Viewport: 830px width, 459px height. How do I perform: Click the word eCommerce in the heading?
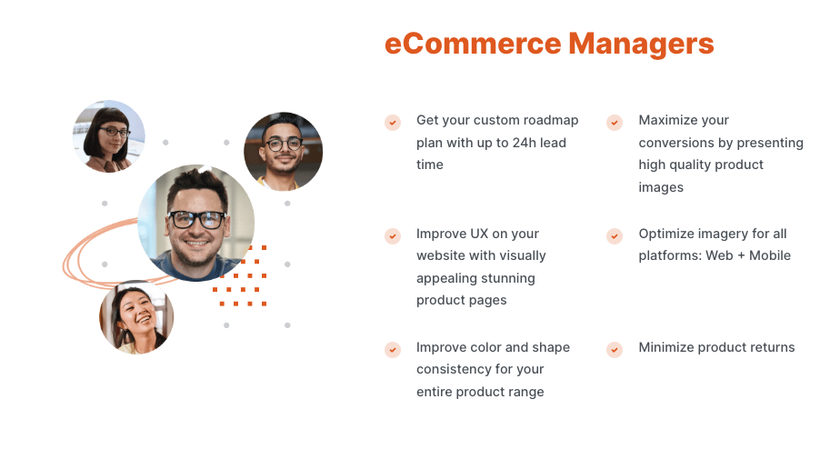coord(473,44)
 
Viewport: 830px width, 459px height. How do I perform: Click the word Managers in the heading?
coord(641,45)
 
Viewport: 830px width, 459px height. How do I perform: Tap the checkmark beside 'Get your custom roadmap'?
coord(393,123)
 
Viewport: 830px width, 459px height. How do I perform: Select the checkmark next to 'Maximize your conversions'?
coord(615,123)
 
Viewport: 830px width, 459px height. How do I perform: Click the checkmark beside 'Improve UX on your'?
coord(393,235)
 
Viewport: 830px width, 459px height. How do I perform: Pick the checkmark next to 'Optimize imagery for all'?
coord(615,235)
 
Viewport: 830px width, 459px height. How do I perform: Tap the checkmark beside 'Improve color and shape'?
coord(393,349)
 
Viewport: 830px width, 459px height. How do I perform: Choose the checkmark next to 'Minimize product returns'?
coord(615,349)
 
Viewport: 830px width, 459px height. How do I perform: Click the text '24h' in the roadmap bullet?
coord(524,143)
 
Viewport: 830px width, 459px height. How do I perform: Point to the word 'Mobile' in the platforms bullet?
coord(770,255)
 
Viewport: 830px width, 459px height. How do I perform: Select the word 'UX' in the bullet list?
coord(477,234)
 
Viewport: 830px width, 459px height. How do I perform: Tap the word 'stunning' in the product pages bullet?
coord(511,278)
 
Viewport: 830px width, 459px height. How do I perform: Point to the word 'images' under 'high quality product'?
coord(661,187)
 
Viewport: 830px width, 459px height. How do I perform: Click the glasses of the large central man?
coord(196,219)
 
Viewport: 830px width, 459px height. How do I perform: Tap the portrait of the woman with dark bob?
coord(109,136)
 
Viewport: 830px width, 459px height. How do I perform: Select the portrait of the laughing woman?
coord(136,317)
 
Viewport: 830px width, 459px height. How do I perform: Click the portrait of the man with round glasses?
coord(284,152)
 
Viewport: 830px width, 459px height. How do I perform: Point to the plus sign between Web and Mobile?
coord(741,255)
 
